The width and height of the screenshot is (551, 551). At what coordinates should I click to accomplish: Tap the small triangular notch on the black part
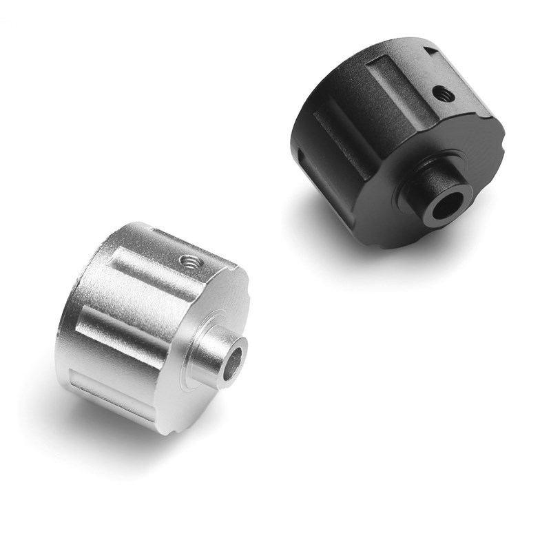pos(433,50)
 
